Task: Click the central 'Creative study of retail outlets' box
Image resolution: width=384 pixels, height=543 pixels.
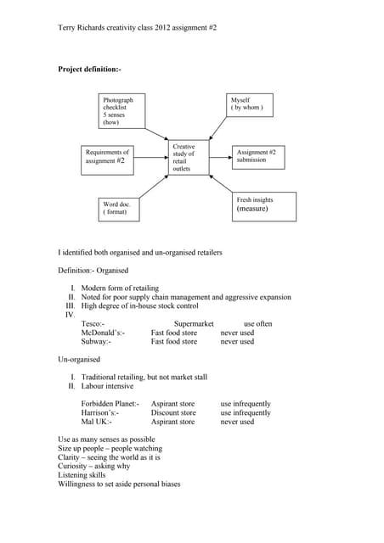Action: click(184, 158)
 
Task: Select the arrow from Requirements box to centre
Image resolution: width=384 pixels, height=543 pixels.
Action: click(151, 157)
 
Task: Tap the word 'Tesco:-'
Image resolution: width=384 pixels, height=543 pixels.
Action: click(93, 324)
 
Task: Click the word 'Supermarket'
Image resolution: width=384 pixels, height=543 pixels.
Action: click(194, 324)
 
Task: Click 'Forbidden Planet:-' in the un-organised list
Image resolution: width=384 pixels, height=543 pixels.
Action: click(110, 404)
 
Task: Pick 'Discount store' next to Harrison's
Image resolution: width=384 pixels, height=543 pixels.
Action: click(173, 413)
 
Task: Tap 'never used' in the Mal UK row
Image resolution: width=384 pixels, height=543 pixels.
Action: click(237, 422)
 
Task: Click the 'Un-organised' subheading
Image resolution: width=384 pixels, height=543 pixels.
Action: click(79, 360)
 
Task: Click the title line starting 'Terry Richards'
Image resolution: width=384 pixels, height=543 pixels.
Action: click(137, 28)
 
